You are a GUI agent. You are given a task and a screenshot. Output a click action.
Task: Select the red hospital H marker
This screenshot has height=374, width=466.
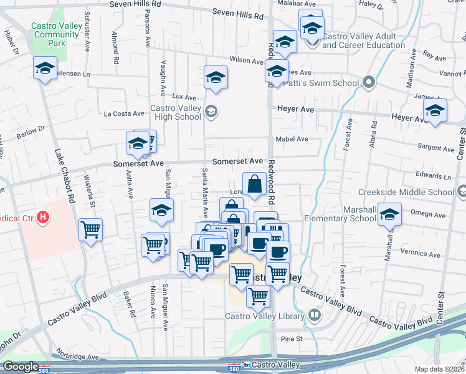[43, 218]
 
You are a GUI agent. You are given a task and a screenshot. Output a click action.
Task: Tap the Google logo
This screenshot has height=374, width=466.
[21, 367]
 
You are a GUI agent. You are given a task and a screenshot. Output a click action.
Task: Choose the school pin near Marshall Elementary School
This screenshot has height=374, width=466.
[389, 215]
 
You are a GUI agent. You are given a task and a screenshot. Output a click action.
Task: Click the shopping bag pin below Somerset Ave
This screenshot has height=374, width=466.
[254, 185]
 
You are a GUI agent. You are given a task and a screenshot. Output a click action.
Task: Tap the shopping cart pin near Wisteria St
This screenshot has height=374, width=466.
[90, 229]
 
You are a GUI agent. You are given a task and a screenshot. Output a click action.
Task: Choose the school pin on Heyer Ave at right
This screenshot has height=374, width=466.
[435, 111]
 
